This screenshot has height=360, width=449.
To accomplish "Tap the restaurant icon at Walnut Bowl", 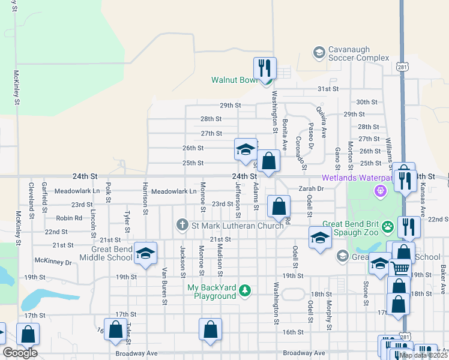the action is coord(265,68).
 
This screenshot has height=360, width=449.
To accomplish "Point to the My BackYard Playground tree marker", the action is coord(244,292).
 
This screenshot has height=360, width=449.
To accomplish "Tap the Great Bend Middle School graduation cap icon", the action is coord(145,253).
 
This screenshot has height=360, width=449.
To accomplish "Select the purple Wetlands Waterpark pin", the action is coord(379,192).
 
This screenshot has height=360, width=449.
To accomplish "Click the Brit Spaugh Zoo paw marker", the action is coord(388,227).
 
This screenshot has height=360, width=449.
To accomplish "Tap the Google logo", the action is coord(20,353).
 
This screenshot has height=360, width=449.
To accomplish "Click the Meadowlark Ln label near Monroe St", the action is coord(174,191).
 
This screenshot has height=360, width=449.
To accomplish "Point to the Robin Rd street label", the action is coord(69,218).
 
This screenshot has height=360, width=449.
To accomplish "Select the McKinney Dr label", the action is coord(53,262).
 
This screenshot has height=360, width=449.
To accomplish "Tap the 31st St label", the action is coord(328,89).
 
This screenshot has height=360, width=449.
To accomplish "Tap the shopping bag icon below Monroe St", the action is coord(210,329).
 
